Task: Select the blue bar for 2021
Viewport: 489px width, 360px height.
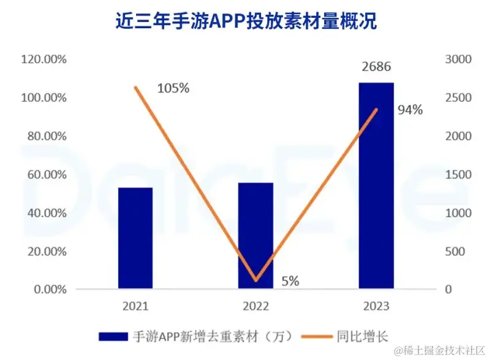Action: [x=135, y=237]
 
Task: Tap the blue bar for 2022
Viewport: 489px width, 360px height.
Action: [x=256, y=235]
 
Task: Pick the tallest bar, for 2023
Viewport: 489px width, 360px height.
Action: [x=376, y=185]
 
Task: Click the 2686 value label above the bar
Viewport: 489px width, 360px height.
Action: [x=376, y=67]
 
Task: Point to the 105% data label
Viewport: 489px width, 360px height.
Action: [x=173, y=88]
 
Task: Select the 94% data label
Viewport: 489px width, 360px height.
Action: [x=410, y=110]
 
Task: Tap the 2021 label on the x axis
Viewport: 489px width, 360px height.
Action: [x=135, y=305]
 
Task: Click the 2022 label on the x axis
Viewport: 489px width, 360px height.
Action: [x=256, y=305]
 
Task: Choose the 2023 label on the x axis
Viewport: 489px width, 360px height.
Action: [x=376, y=305]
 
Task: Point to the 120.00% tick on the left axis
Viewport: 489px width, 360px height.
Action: [x=44, y=59]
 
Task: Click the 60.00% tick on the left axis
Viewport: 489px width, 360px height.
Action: [x=46, y=175]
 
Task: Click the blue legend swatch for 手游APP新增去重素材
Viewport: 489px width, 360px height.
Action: [x=113, y=335]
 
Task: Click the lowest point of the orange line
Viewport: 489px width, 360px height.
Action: [x=256, y=280]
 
